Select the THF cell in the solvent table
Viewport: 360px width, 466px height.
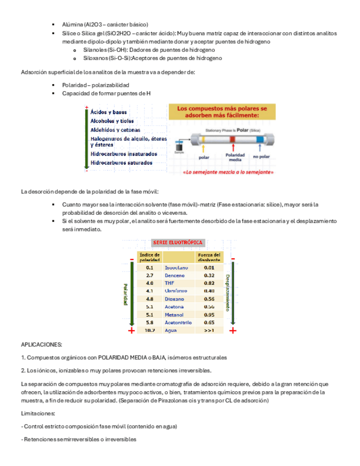point(169,283)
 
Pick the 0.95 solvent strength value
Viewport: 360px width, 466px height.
point(209,315)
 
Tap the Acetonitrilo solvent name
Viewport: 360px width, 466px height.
point(178,323)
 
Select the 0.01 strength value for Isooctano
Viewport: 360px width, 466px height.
point(209,268)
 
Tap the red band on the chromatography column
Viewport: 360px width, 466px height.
point(232,140)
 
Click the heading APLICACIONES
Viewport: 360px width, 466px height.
point(41,345)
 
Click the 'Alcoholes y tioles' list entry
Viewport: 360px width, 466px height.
point(112,121)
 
